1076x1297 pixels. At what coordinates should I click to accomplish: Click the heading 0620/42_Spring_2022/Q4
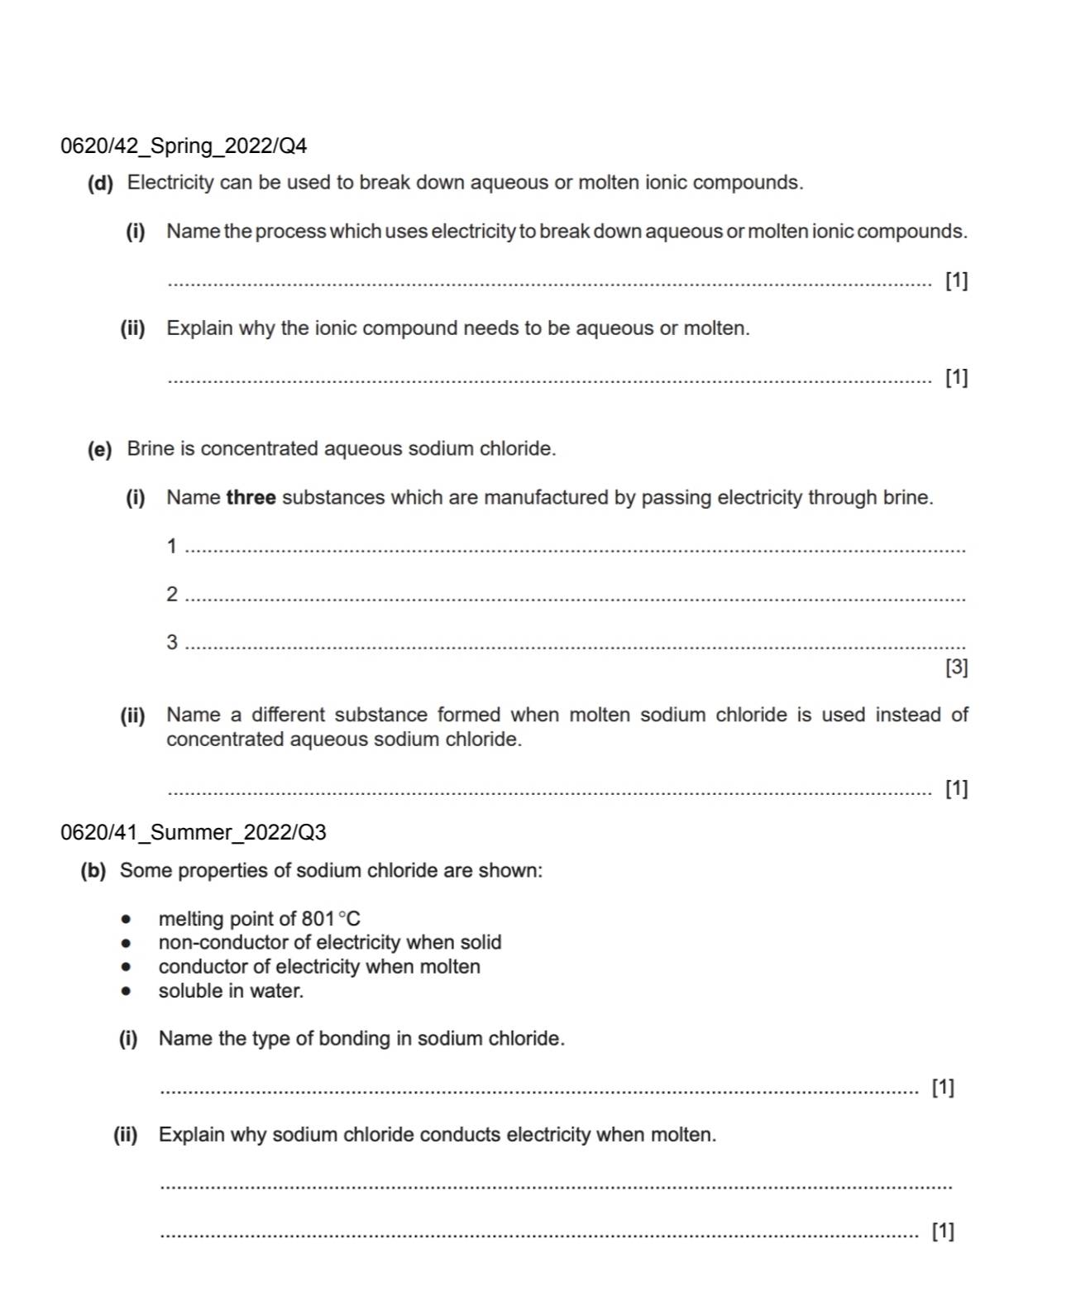(x=184, y=146)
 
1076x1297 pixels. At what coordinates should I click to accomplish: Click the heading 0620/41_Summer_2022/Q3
(x=194, y=832)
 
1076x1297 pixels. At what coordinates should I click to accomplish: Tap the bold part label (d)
(x=100, y=183)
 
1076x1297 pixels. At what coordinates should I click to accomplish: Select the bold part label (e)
(x=99, y=449)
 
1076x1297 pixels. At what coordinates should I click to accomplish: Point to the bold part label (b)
(x=93, y=871)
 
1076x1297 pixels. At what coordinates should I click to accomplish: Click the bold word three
(x=251, y=498)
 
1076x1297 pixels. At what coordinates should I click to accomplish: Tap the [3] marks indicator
(x=956, y=668)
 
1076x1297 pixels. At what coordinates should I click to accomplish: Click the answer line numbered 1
(x=575, y=549)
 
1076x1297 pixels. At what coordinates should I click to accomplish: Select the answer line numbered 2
(x=575, y=597)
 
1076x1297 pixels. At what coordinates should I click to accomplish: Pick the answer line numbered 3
(x=575, y=645)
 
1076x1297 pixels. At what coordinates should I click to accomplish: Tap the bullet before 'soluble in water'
(x=126, y=991)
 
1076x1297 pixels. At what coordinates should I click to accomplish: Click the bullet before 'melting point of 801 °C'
(x=126, y=919)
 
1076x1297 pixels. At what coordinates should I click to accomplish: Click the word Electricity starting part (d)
(x=170, y=183)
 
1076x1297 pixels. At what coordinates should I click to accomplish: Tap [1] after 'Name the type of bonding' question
(x=943, y=1087)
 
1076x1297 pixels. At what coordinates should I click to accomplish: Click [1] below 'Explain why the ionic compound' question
(x=956, y=378)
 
